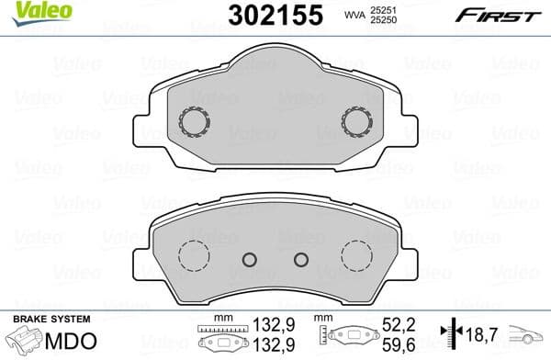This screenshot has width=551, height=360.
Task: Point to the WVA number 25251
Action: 384,10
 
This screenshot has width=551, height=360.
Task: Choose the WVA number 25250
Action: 384,21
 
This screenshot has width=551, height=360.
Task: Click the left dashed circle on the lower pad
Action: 193,254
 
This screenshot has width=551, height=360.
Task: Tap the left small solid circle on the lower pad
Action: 248,260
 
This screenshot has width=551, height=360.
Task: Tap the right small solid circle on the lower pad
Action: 299,260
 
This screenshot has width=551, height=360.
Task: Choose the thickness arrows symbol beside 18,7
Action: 451,336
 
